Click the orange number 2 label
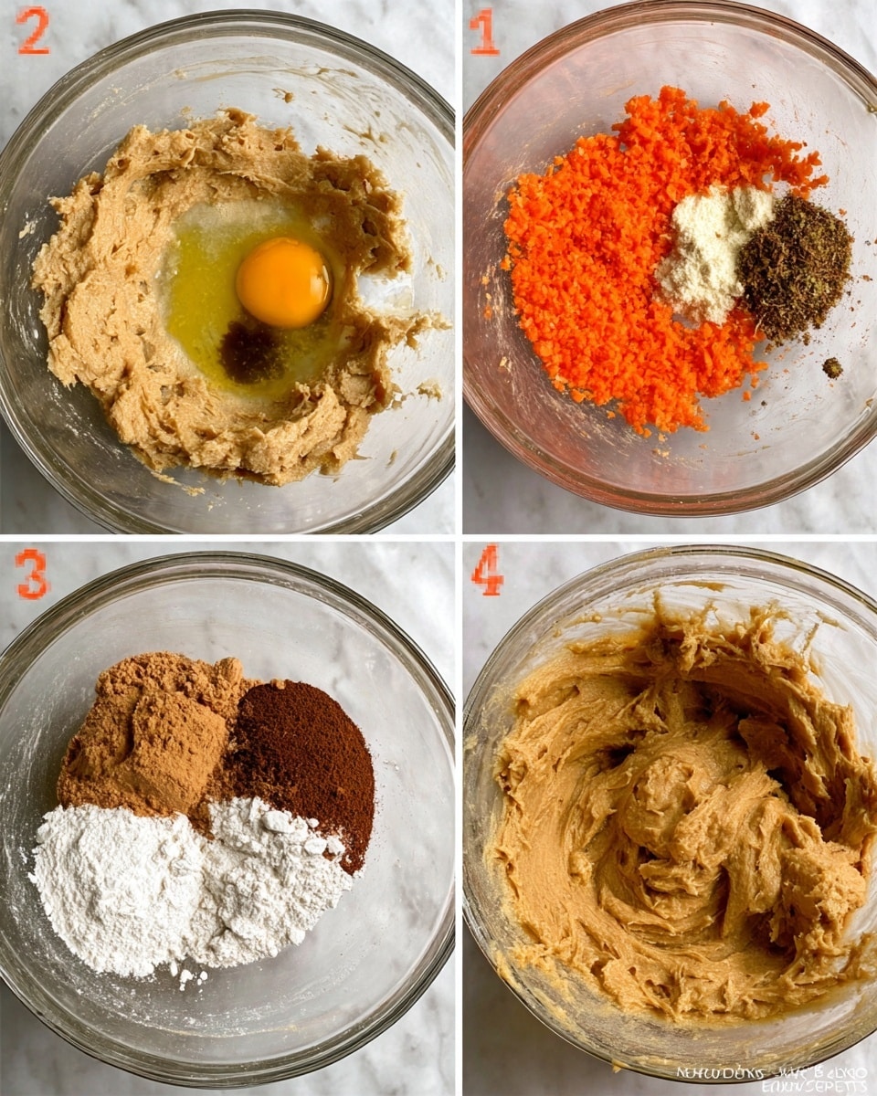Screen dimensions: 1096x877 click(x=33, y=30)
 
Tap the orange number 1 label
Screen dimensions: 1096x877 click(x=483, y=31)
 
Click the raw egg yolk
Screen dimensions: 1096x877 click(x=283, y=282)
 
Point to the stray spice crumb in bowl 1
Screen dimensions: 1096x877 click(x=832, y=367)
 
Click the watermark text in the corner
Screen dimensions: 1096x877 click(x=772, y=1078)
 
